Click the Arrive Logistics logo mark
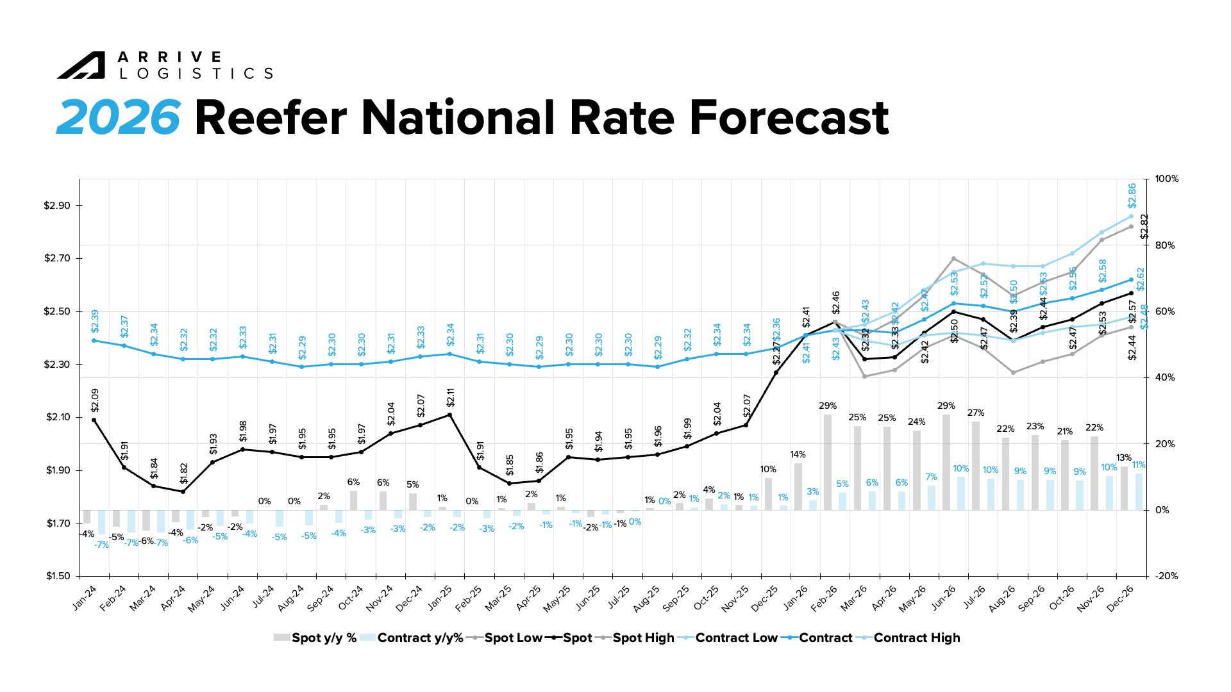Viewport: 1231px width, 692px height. [81, 65]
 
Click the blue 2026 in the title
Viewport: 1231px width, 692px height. [119, 118]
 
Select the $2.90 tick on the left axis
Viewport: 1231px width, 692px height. [57, 206]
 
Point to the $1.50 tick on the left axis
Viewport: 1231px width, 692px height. [57, 576]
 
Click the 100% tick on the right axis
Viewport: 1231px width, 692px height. [1166, 179]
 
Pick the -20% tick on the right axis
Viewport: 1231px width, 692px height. [1166, 576]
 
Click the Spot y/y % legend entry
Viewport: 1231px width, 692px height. [315, 638]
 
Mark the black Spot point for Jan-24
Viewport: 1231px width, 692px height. [94, 420]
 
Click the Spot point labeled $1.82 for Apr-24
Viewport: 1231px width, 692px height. [183, 491]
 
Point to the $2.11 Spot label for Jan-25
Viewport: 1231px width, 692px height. [450, 398]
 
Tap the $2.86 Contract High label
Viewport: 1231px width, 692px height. [1132, 195]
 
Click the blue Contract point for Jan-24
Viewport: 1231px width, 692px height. [94, 340]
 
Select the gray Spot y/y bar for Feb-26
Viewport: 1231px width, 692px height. [828, 462]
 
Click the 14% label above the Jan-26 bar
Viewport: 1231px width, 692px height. [798, 455]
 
